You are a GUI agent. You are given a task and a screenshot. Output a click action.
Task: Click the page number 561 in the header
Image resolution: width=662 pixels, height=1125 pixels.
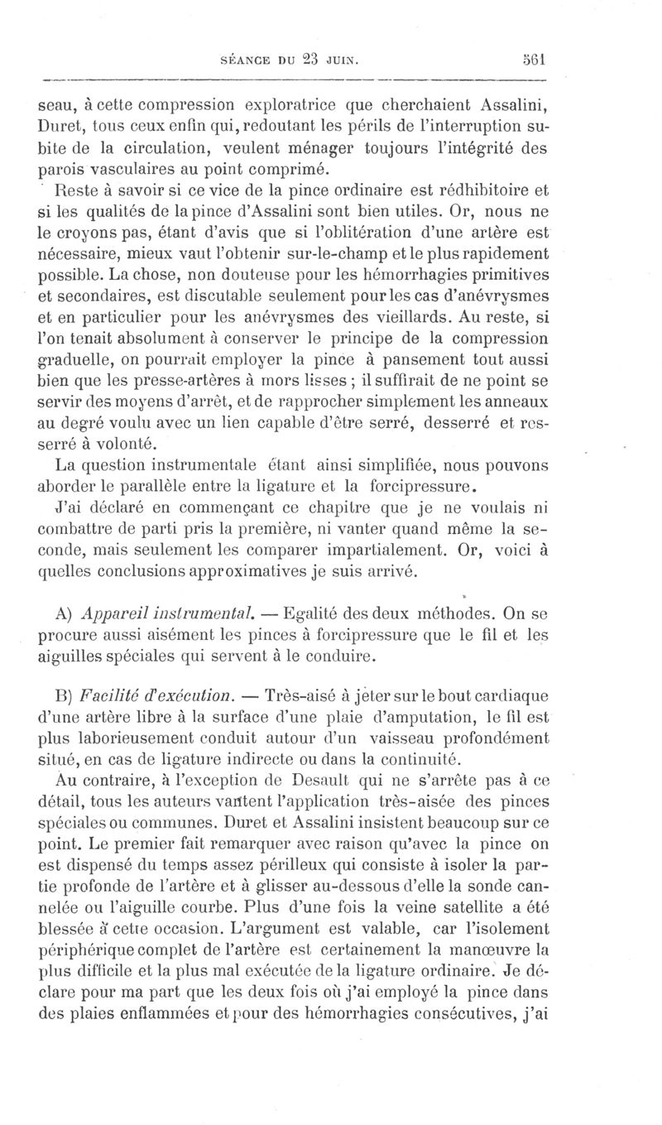click(x=539, y=60)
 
